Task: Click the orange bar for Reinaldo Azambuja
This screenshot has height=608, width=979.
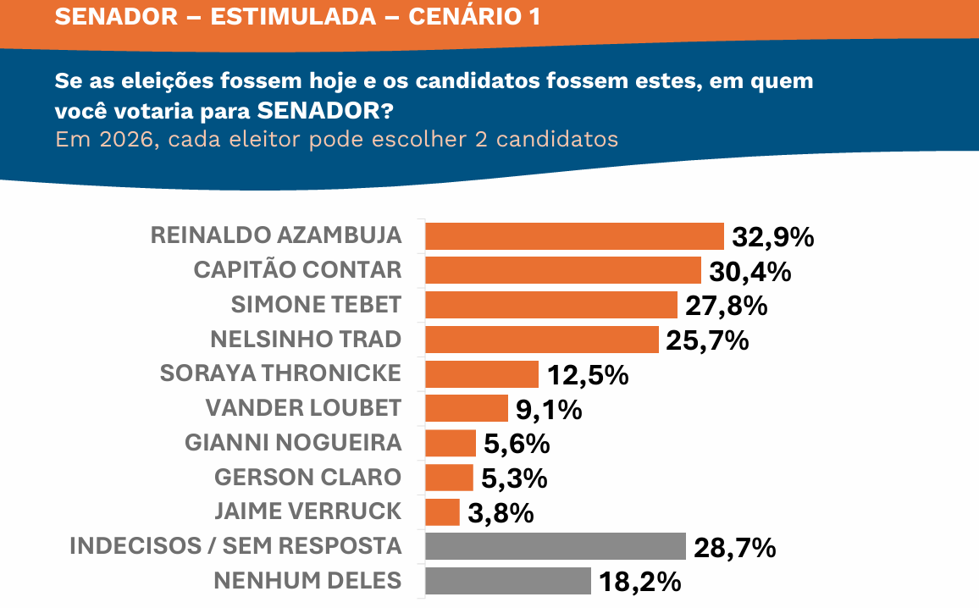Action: click(574, 236)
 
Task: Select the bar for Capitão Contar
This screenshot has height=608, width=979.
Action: click(563, 270)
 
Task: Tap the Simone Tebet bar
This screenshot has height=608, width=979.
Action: click(551, 305)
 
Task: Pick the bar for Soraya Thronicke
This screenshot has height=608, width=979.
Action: click(482, 373)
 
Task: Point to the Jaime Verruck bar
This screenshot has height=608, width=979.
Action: click(442, 511)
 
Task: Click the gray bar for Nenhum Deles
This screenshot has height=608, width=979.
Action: click(508, 581)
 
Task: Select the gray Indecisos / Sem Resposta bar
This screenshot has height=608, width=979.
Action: click(556, 546)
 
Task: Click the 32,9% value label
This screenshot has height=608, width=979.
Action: click(773, 238)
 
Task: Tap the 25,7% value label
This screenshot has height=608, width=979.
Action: click(708, 340)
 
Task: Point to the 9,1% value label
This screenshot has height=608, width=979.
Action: click(549, 410)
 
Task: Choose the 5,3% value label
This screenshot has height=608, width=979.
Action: click(514, 478)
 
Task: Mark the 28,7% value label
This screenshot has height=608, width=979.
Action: click(734, 548)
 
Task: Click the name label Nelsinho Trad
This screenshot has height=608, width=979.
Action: click(306, 340)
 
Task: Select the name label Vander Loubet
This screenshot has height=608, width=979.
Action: click(303, 408)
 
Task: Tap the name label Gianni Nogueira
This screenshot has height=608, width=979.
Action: click(293, 443)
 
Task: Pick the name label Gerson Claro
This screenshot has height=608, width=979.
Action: click(307, 478)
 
